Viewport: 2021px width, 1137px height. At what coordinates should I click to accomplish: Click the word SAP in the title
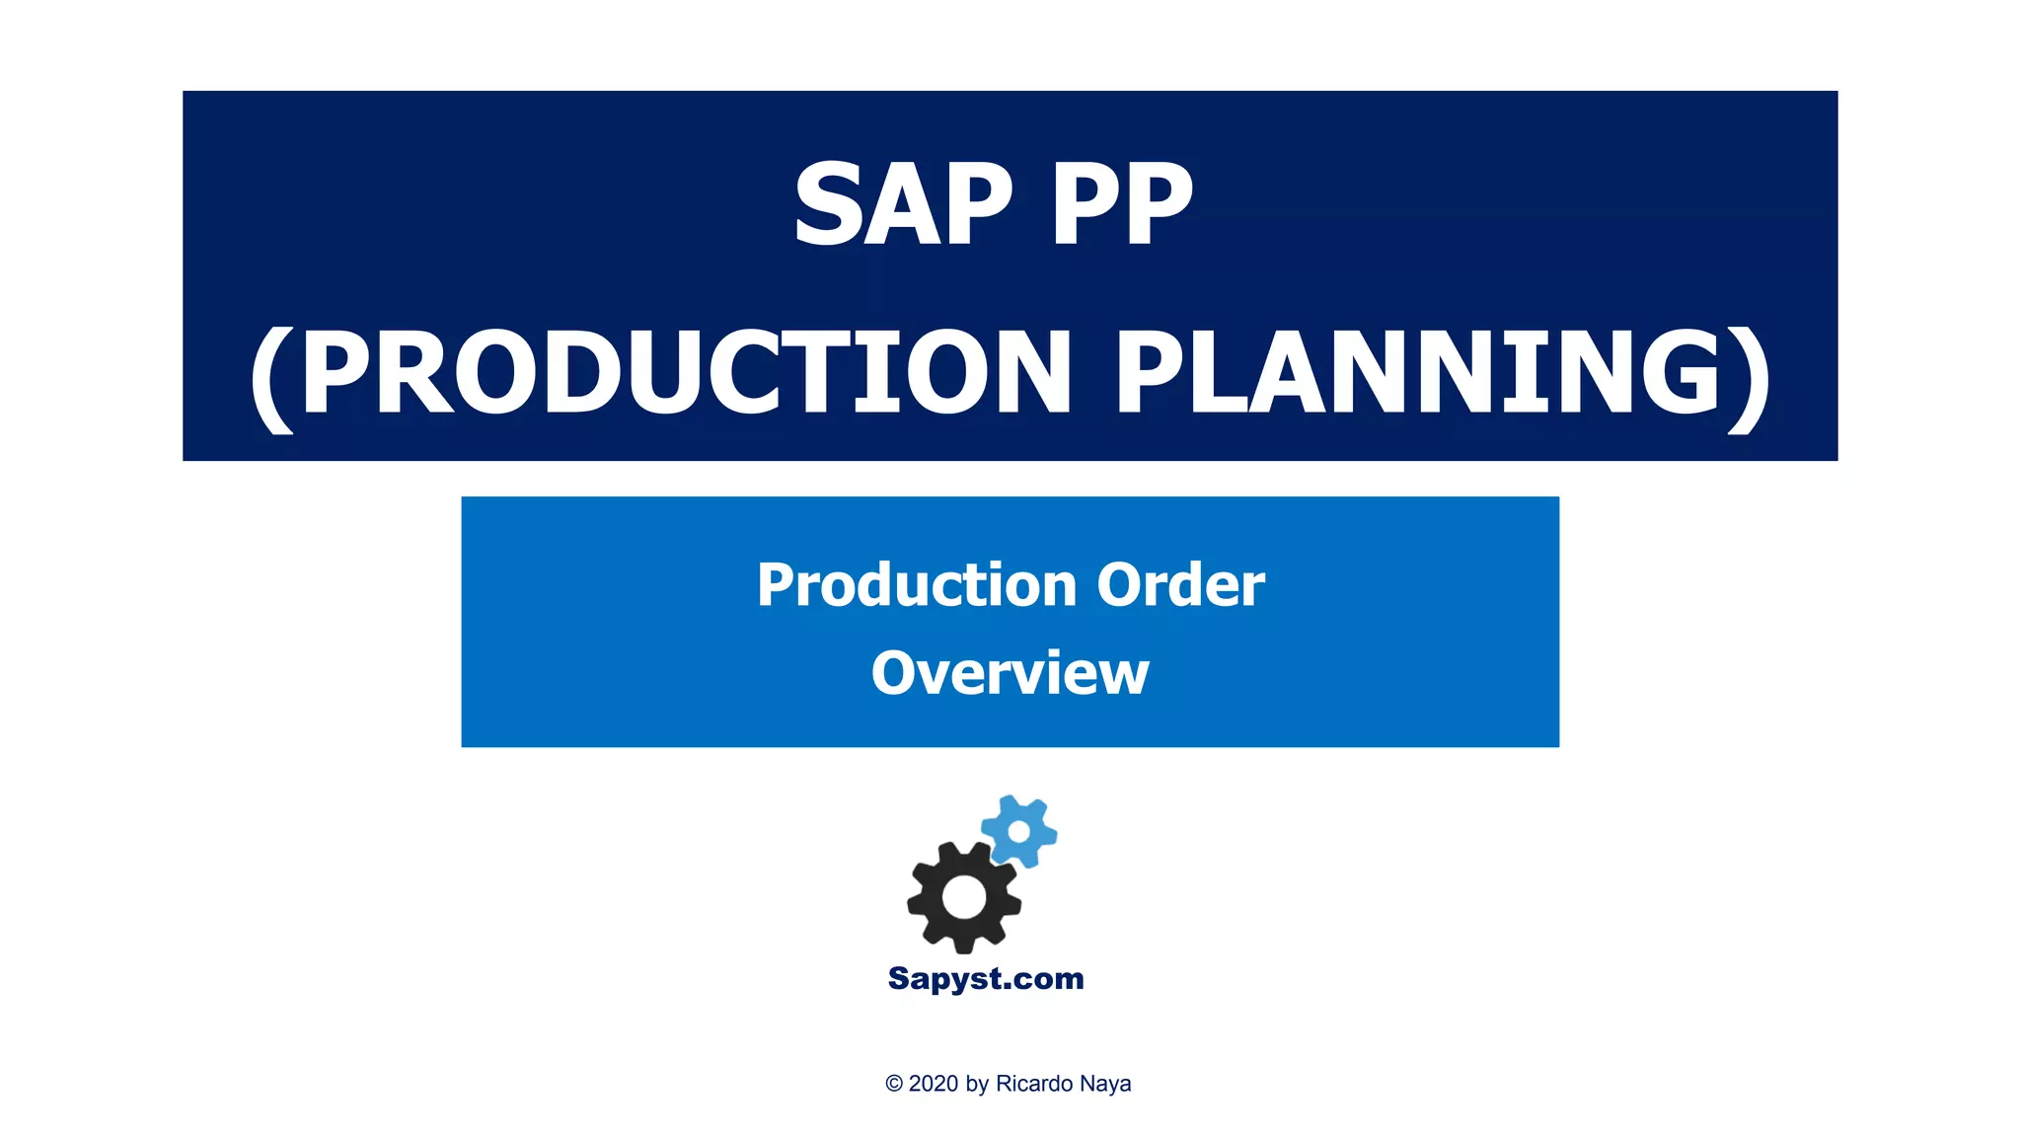903,204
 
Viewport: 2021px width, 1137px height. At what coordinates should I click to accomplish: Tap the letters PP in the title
1122,204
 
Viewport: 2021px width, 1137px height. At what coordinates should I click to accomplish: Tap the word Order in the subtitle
1180,584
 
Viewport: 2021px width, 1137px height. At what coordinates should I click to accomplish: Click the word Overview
1010,673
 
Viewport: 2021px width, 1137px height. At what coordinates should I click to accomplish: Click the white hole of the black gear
964,896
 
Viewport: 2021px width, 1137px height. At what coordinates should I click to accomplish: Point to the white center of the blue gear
1019,832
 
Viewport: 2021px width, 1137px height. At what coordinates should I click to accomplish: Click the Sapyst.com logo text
986,978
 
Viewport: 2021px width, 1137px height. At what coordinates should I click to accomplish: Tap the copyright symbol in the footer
894,1084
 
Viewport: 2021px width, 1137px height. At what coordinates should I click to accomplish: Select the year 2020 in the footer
934,1084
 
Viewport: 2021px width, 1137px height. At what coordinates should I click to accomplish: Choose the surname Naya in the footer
1105,1084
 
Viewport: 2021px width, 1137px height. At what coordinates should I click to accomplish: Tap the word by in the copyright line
977,1084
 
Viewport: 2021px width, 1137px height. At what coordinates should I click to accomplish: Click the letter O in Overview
895,673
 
